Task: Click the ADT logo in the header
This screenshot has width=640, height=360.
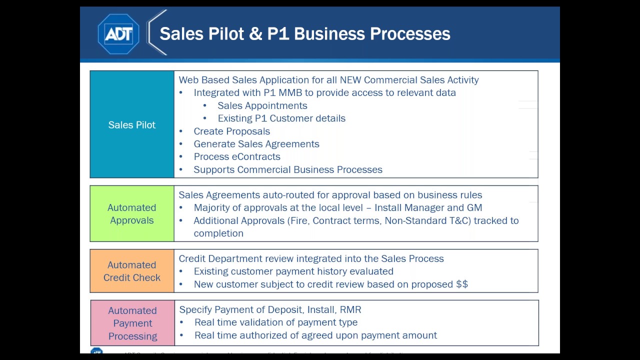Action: (x=118, y=34)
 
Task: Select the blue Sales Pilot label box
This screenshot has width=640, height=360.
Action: (x=132, y=124)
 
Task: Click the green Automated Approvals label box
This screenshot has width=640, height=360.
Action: (x=132, y=214)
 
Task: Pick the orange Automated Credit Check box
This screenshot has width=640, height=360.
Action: (x=132, y=271)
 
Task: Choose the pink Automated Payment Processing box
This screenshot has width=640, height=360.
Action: (x=132, y=323)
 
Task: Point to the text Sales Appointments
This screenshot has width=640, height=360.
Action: (x=262, y=105)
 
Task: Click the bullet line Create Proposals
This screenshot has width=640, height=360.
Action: (x=231, y=131)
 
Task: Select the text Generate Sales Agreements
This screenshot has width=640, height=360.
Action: (x=256, y=144)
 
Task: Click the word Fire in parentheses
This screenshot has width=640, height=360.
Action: (x=298, y=220)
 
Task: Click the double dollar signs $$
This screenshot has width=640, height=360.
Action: (x=462, y=284)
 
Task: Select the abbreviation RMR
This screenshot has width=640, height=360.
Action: (x=350, y=309)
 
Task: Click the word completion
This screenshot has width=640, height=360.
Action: (x=218, y=233)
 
